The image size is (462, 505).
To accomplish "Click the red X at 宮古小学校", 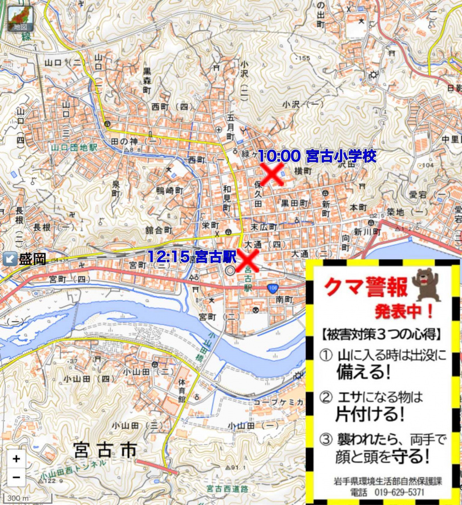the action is (272, 174).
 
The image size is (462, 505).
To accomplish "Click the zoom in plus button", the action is (17, 458).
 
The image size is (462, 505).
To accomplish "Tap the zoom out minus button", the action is (17, 477).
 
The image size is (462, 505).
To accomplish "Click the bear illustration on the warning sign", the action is (425, 283).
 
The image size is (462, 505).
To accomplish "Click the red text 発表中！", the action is (404, 311).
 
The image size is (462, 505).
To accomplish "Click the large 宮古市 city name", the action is (106, 451).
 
